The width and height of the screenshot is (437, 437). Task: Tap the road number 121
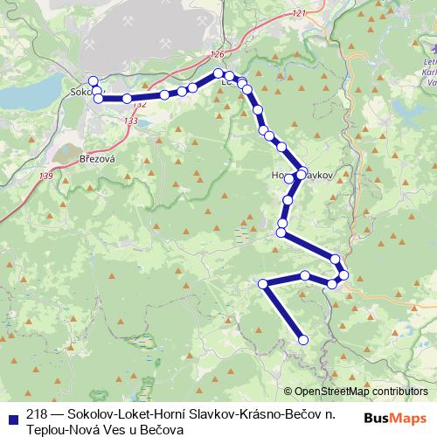point(300,14)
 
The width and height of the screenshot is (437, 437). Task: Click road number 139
point(46,177)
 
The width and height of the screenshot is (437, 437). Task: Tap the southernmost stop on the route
point(304,340)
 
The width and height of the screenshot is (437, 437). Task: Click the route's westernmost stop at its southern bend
point(262,283)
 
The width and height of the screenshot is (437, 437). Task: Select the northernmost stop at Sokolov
point(94,81)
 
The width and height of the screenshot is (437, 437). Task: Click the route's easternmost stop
point(344,275)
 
